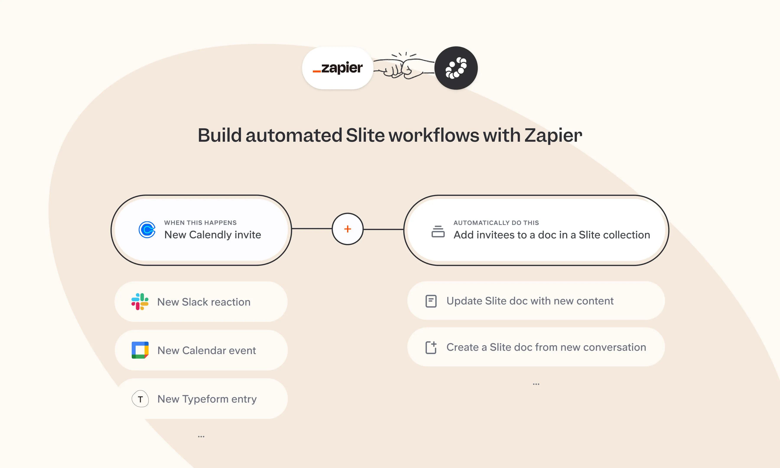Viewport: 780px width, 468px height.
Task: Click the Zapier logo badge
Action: coord(337,68)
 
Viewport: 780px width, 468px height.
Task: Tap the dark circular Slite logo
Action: coord(456,68)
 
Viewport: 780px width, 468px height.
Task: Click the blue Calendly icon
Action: coord(147,230)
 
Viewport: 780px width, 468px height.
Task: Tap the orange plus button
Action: coord(348,229)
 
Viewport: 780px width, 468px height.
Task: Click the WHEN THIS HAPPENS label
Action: coord(200,223)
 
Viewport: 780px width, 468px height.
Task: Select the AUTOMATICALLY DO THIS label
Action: coord(496,223)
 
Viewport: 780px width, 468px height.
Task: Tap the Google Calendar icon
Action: coord(140,350)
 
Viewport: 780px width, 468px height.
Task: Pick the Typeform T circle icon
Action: coord(140,399)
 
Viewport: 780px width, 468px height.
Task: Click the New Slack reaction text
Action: coord(204,302)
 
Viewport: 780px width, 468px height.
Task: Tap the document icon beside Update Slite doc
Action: coord(431,301)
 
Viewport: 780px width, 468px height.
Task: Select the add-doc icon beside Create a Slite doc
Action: coord(431,348)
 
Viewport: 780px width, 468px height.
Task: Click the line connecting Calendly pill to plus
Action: coord(312,229)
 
